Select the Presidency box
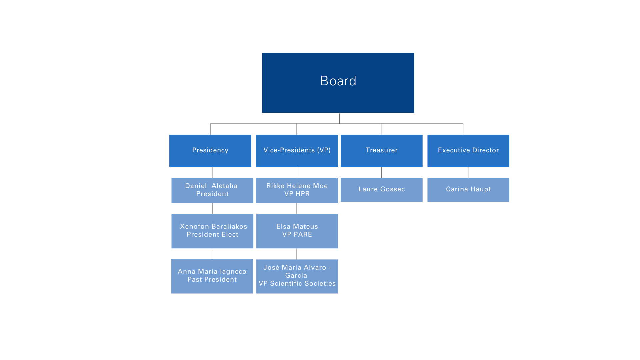coord(210,151)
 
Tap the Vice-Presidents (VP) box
coord(297,151)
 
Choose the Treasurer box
coord(381,151)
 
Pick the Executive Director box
coord(468,151)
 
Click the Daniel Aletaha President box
coord(212,190)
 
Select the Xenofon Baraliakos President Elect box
coord(212,231)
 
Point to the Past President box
coord(212,276)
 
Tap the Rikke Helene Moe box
coord(297,190)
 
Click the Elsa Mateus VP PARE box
coord(297,231)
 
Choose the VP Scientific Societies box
coord(297,276)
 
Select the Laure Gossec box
coord(381,189)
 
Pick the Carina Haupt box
coord(468,189)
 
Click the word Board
coord(338,81)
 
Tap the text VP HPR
coord(297,194)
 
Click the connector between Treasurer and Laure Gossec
coord(381,173)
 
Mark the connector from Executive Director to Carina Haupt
coord(468,173)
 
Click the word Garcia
coord(296,276)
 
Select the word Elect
coord(230,235)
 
